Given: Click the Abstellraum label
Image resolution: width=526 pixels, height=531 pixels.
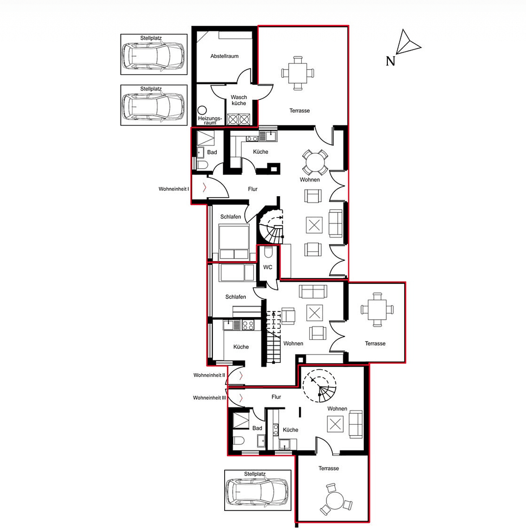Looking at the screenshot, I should [224, 56].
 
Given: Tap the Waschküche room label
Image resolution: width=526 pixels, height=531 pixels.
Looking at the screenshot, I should [239, 100].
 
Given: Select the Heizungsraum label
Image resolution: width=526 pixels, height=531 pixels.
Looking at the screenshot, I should [210, 121].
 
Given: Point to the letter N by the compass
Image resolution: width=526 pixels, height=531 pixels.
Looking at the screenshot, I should [390, 61].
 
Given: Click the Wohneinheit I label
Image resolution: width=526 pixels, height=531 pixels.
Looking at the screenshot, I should [174, 189].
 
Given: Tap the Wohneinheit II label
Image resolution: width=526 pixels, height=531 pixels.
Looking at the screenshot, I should [209, 375].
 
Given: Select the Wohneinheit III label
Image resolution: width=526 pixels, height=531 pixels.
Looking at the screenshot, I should [209, 398].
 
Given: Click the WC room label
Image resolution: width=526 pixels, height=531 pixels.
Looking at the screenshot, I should [268, 267].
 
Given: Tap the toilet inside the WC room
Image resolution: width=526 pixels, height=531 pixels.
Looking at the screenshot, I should [268, 253].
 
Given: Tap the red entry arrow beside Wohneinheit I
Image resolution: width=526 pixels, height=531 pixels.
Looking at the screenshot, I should [205, 187].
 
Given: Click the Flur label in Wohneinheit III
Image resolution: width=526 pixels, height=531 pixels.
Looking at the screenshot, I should [276, 397].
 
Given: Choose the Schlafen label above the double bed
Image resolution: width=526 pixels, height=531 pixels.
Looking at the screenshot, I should [231, 217].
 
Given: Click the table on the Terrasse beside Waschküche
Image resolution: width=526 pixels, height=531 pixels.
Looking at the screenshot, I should [297, 73].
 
